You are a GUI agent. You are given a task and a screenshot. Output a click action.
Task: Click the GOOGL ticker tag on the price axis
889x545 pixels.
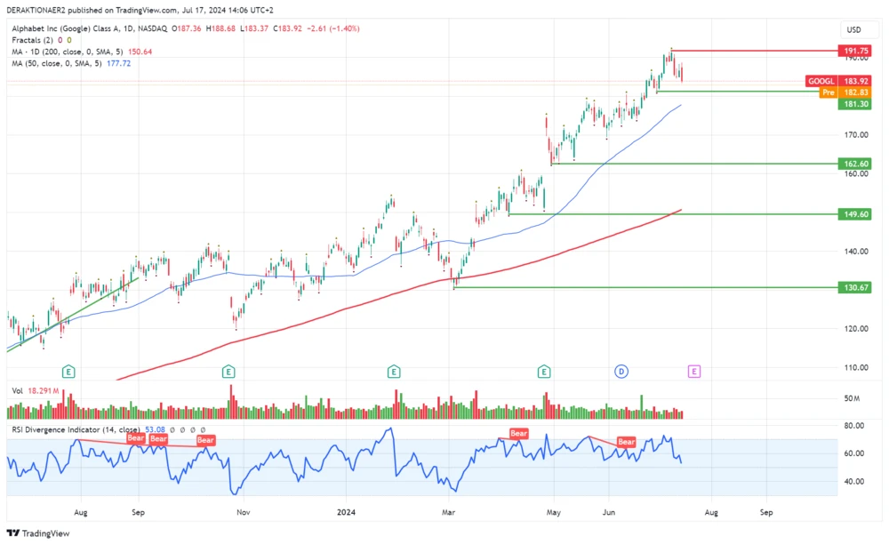point(821,81)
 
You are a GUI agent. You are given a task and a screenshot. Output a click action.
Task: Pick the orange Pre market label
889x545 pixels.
point(828,92)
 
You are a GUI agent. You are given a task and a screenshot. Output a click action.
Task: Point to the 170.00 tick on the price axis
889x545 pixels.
point(855,135)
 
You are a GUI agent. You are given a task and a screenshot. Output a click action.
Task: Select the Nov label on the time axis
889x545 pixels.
point(244,512)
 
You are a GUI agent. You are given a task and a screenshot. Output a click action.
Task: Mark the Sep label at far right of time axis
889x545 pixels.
point(766,512)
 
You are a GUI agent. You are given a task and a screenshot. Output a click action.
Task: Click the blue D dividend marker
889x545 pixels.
point(621,371)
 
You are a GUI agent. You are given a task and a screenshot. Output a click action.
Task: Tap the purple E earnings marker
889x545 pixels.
point(694,371)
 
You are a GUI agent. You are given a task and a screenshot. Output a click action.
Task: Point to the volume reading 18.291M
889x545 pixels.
point(43,390)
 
